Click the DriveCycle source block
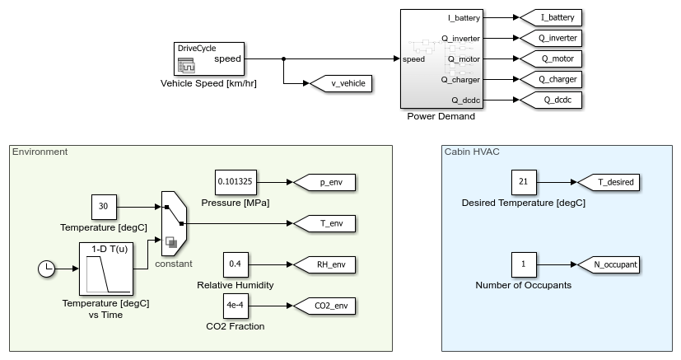[209, 59]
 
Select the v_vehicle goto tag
[340, 83]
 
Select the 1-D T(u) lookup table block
[106, 269]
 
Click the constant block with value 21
[524, 182]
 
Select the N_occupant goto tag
[608, 264]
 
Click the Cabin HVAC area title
[471, 152]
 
